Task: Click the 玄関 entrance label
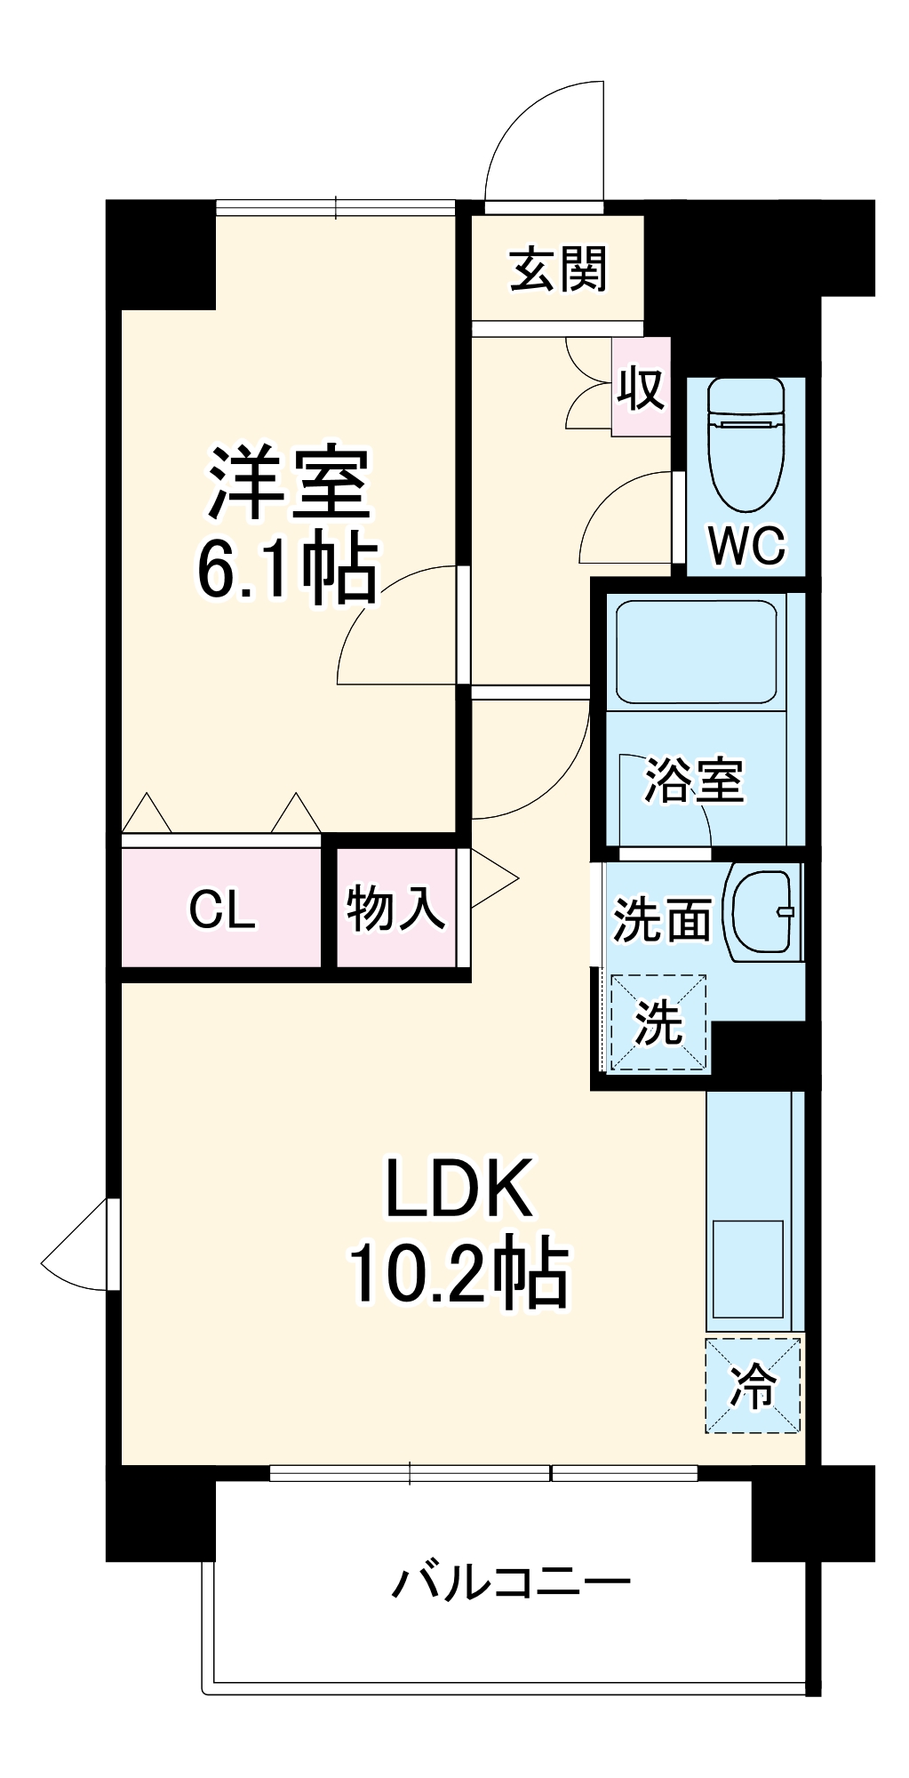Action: [558, 269]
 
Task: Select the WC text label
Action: [746, 544]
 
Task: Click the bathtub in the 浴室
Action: [696, 653]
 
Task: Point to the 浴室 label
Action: [694, 781]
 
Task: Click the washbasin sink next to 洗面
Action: [762, 912]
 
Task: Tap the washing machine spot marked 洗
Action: [658, 1022]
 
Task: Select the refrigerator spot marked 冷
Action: [753, 1385]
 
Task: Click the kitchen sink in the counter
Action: [747, 1269]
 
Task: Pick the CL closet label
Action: [222, 909]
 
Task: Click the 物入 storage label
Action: [395, 909]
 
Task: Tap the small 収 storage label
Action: [641, 388]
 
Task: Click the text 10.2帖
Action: [458, 1272]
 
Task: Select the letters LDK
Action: [458, 1189]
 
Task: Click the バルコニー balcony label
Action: [512, 1582]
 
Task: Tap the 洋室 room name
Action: [289, 484]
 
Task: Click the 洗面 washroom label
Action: [663, 919]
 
